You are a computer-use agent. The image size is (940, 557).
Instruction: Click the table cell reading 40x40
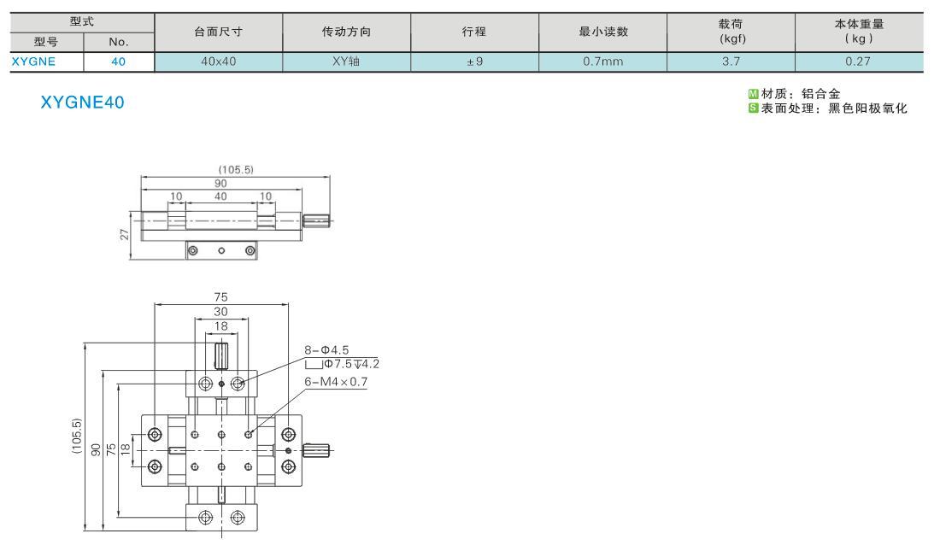pos(219,62)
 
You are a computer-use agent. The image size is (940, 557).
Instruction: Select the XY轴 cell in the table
pos(346,62)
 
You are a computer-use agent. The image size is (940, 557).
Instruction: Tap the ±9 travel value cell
pos(475,62)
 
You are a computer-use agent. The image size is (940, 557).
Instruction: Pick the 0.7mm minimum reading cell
pos(603,62)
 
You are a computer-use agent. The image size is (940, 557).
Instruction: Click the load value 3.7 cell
pos(731,62)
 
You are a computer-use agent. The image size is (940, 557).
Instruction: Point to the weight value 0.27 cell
pos(859,62)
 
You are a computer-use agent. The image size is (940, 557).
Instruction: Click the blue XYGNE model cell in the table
pos(34,62)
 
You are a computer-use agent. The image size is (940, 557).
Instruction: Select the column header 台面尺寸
pos(219,32)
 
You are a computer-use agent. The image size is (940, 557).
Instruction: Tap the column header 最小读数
pos(603,32)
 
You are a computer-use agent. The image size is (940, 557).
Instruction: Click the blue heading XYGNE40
pos(83,103)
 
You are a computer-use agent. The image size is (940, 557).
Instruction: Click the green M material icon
pos(754,93)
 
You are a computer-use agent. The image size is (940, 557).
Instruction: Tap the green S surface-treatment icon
pos(754,108)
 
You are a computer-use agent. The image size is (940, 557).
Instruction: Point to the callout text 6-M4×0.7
pos(336,382)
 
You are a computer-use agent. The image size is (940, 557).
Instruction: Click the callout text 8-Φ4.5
pos(326,350)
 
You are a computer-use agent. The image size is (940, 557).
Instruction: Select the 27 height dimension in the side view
pos(125,234)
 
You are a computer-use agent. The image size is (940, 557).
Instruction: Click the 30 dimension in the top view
pos(220,312)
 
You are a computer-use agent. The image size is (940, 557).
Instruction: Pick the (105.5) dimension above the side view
pos(236,170)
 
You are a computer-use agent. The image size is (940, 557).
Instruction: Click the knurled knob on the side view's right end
pos(316,220)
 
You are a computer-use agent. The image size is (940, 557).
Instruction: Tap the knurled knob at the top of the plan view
pos(222,355)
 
